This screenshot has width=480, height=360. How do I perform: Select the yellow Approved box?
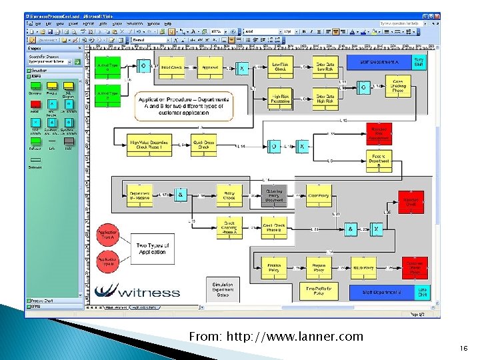pos(210,67)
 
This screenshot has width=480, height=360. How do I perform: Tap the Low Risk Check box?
pos(280,67)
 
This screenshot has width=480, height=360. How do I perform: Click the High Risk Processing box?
pos(280,99)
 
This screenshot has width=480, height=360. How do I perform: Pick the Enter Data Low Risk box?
pos(325,67)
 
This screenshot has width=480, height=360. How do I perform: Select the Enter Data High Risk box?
pos(325,99)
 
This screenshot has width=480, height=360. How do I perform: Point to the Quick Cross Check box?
pos(203,145)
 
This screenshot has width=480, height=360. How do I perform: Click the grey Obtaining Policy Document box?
pos(274,196)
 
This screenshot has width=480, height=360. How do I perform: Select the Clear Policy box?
pos(318,196)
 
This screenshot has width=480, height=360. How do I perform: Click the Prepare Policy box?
pos(318,267)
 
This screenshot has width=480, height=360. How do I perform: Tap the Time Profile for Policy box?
pos(318,292)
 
